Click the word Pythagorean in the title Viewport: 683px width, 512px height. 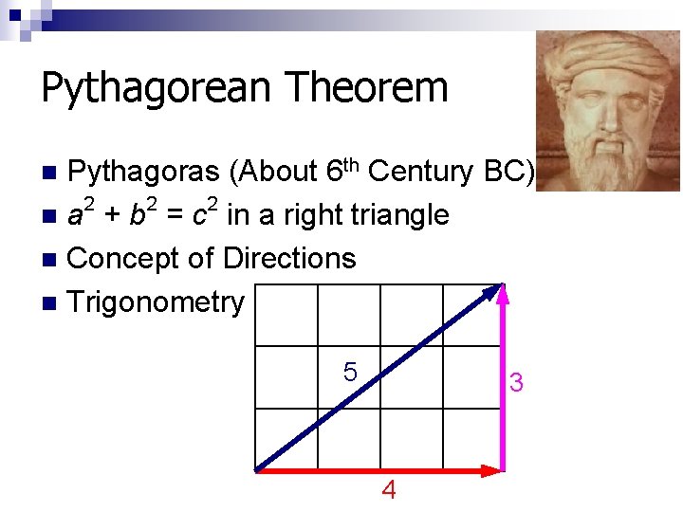point(157,89)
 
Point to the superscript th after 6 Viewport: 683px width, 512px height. point(351,165)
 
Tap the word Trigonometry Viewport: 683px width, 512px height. point(157,302)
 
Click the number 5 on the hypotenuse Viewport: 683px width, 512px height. point(350,373)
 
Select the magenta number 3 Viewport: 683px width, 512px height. point(516,383)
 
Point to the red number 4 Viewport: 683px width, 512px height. point(388,490)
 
